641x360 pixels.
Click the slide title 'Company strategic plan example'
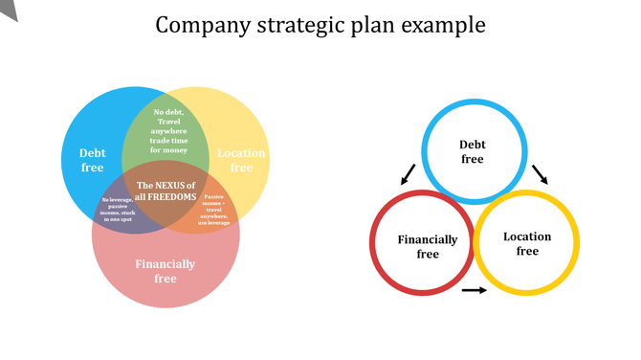[x=320, y=24]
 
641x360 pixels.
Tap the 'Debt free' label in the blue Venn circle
[x=93, y=160]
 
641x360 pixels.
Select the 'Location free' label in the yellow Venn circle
[x=241, y=160]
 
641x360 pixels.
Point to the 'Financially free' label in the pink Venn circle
[x=166, y=271]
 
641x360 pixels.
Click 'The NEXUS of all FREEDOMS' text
[x=166, y=191]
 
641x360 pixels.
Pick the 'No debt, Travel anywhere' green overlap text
[x=168, y=131]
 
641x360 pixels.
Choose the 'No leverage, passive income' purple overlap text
[x=121, y=209]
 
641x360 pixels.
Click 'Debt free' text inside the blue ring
[x=473, y=152]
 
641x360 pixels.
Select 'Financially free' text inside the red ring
[x=428, y=247]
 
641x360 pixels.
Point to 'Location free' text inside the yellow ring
[x=527, y=243]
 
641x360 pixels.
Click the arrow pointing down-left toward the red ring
[x=409, y=174]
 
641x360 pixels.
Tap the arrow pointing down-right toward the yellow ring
[x=541, y=173]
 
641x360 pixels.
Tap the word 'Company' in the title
[x=197, y=24]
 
